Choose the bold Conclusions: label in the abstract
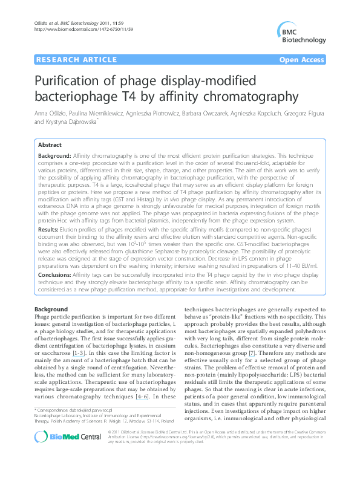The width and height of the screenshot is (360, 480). point(56,274)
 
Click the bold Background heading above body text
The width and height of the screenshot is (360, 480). point(51,309)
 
